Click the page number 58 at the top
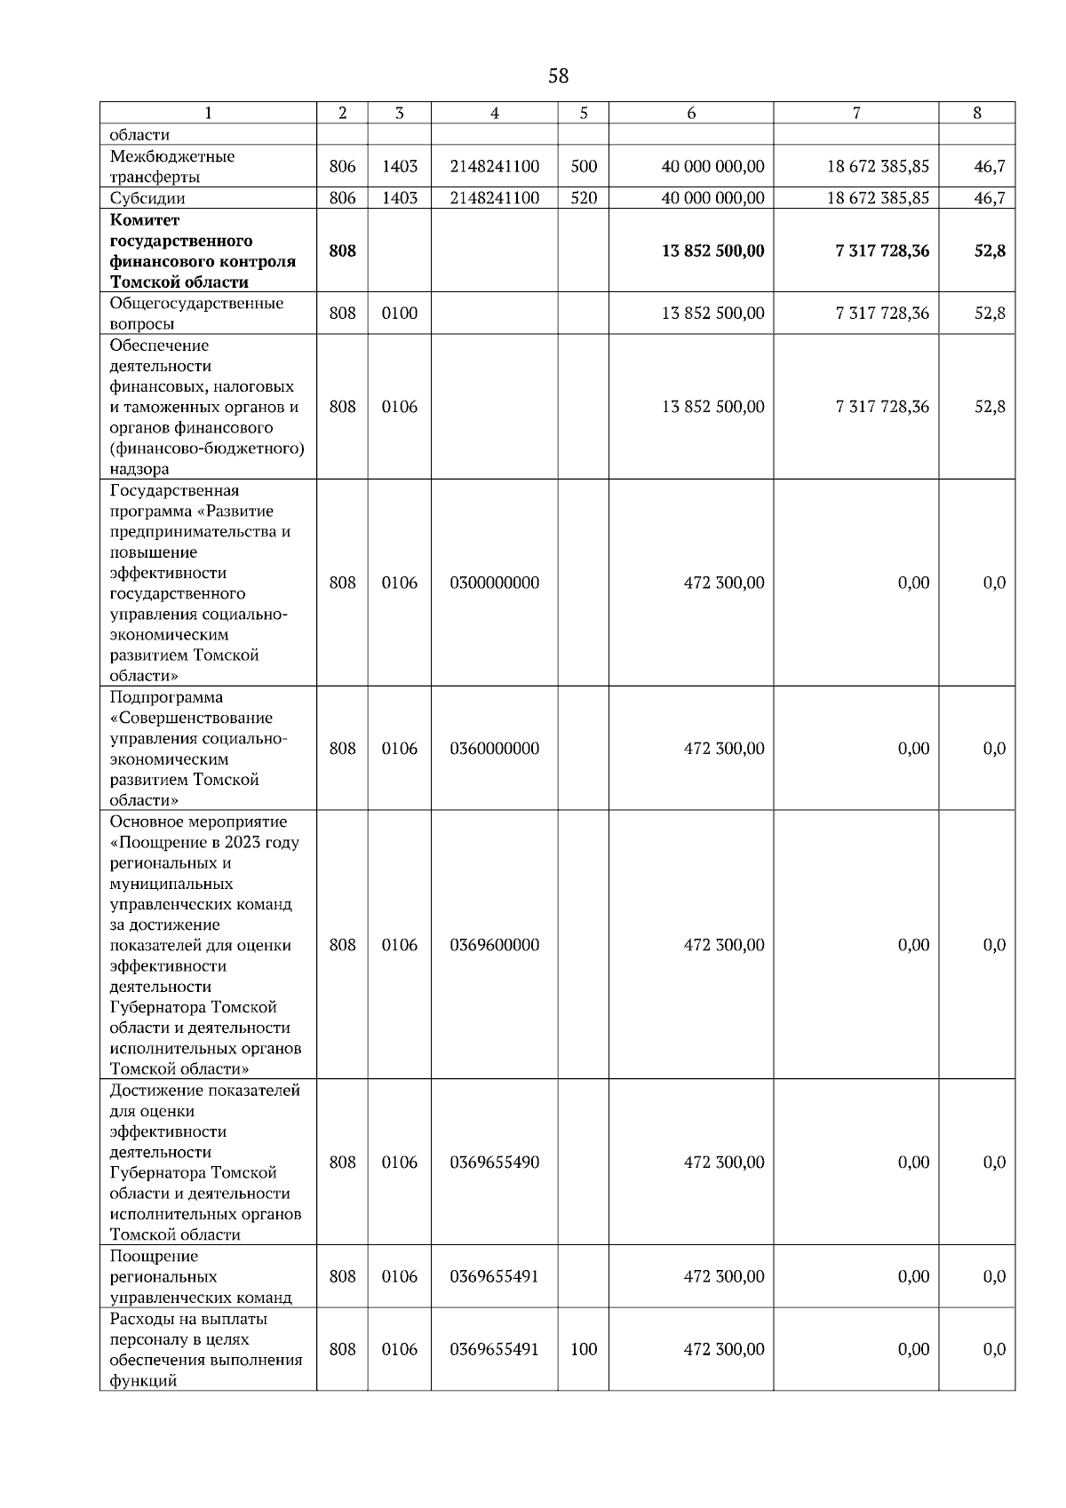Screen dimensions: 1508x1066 tap(558, 76)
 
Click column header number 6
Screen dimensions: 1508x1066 tap(691, 113)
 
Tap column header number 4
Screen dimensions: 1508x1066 tap(495, 113)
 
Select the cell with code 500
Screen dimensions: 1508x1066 tap(584, 166)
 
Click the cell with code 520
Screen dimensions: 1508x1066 tap(584, 198)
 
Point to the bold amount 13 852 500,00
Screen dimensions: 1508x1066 tap(712, 250)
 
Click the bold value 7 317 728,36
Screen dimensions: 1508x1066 tap(882, 250)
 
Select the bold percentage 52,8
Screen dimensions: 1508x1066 tap(990, 250)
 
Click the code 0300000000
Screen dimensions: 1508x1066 tap(495, 583)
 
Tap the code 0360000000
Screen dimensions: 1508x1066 tap(495, 748)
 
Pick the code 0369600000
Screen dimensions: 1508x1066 tap(495, 945)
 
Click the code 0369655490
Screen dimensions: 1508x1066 tap(495, 1163)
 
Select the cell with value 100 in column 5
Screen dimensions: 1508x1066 tap(584, 1349)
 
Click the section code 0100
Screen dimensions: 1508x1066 tap(400, 313)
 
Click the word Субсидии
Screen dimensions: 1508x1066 tap(147, 198)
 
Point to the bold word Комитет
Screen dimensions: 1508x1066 tap(145, 219)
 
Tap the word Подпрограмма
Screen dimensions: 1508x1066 tap(167, 697)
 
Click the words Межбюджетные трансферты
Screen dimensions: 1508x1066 tap(172, 166)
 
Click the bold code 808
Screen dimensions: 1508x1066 tap(343, 250)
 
